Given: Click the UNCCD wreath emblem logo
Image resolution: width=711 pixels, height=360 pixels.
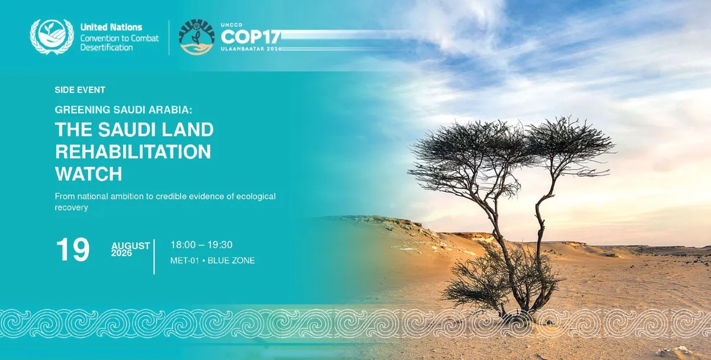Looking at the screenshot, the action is point(52,37).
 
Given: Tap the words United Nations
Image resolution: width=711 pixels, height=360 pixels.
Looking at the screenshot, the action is point(111,27).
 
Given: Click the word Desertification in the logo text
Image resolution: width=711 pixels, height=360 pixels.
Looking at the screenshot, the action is point(106,47).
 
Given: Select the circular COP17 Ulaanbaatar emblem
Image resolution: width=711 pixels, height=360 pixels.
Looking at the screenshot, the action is point(197,37).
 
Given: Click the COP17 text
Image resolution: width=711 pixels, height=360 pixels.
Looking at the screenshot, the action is point(251,37).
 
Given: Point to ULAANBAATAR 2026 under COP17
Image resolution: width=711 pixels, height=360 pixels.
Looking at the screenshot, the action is point(251,49).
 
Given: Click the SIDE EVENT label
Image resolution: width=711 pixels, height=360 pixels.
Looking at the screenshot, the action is point(80,90).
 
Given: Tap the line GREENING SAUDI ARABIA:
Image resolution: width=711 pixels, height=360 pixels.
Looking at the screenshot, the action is point(123,110).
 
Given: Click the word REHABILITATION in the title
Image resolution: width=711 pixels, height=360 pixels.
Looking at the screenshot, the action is point(133,152).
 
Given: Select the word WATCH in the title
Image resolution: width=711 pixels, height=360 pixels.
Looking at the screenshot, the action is point(88,174).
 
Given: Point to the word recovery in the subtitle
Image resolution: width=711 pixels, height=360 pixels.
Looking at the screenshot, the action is point(72,207).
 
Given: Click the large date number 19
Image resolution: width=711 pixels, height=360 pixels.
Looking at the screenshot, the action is point(73,250).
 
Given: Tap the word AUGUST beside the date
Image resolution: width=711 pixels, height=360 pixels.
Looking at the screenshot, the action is point(130,246).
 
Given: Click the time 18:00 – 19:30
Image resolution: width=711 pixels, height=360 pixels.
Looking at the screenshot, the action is point(201,245).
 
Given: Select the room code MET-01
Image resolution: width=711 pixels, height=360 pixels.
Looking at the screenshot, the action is point(184,261).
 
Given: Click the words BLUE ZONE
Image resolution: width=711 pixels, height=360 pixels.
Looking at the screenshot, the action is point(231,261).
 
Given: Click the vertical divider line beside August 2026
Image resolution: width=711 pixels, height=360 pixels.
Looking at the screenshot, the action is point(154,256).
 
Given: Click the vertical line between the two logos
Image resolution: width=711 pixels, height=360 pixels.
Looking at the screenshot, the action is point(169,37).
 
